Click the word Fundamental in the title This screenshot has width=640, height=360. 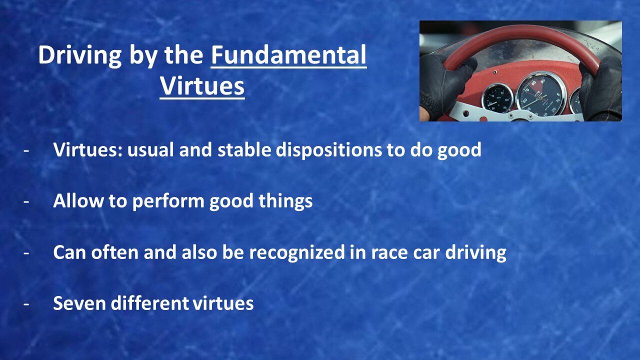pos(288,55)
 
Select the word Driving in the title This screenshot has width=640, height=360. pos(79,55)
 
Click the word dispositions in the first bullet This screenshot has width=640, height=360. pos(328,150)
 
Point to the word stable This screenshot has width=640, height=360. pos(244,149)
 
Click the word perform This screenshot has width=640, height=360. pos(168,201)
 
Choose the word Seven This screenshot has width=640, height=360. pos(79,303)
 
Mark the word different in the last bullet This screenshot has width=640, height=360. pos(149,303)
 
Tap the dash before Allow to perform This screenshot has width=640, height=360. pos(26,201)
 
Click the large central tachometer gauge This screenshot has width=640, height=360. pos(541,94)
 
